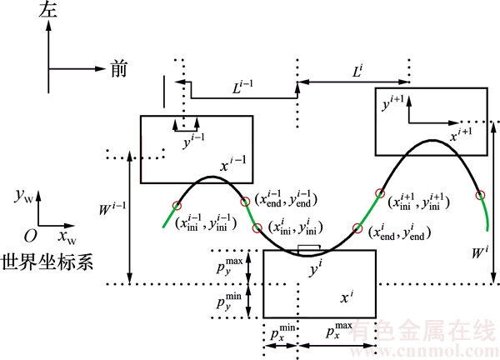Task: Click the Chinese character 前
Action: [119, 70]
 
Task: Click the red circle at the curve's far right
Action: [480, 196]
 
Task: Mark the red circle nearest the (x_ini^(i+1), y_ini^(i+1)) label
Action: [380, 194]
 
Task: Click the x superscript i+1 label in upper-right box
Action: [461, 132]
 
